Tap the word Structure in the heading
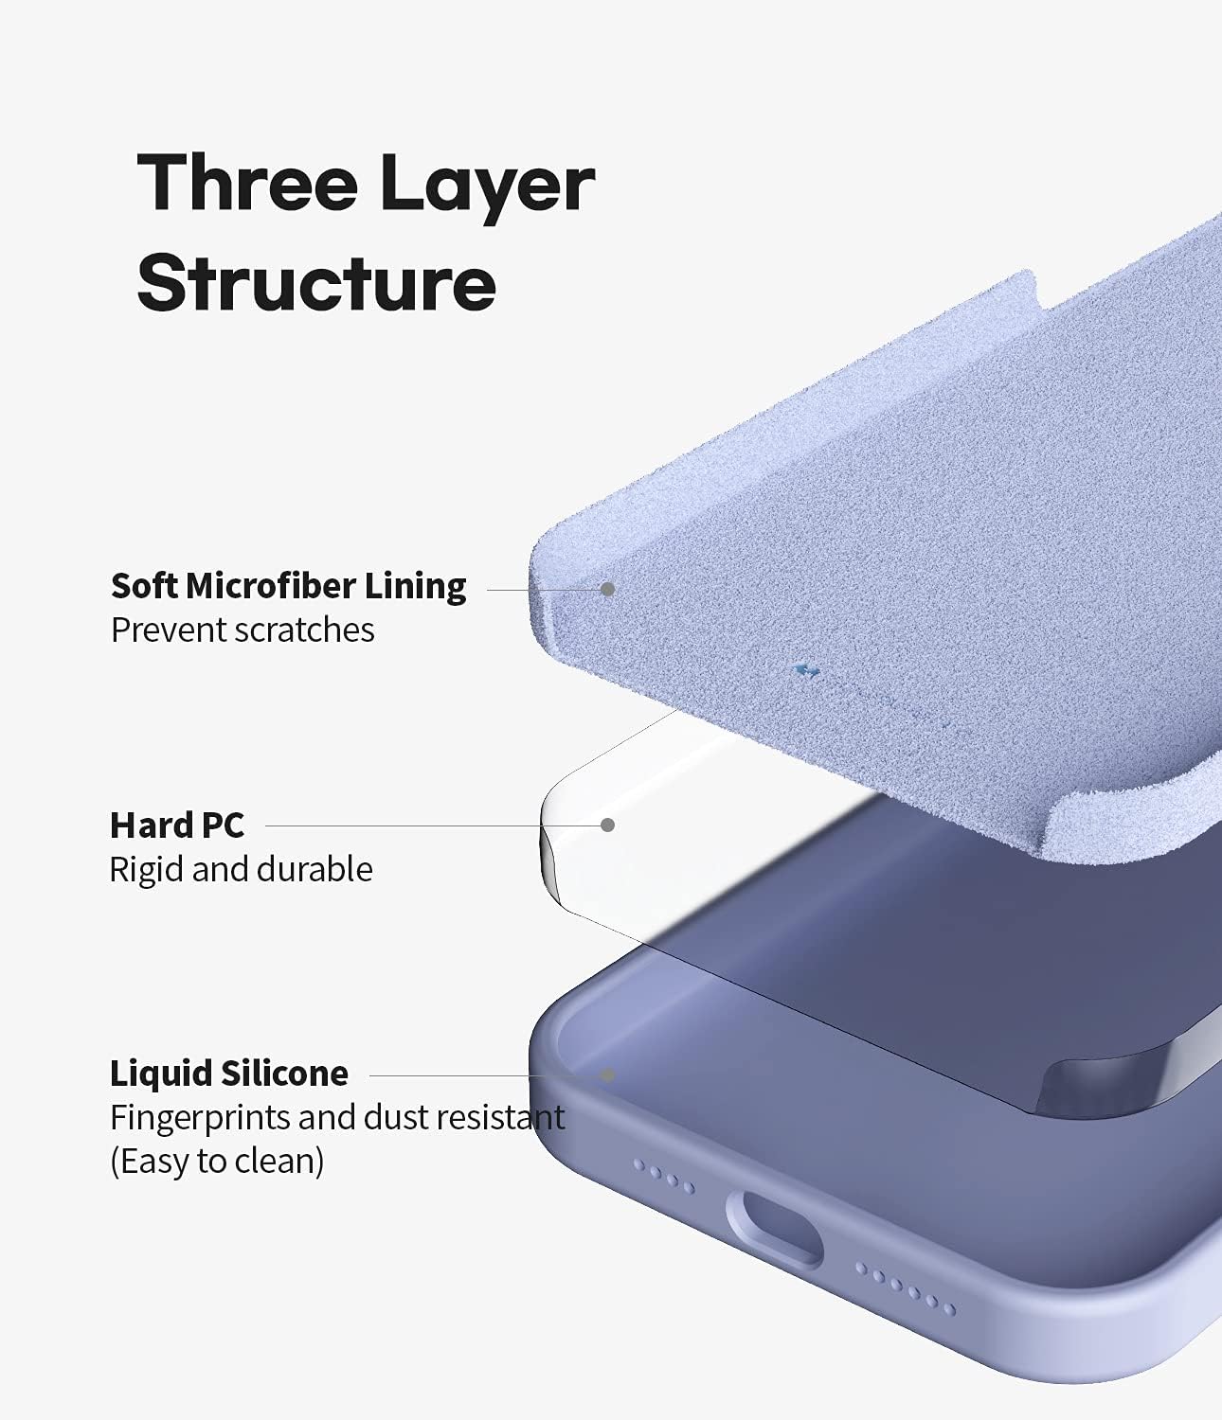(x=316, y=281)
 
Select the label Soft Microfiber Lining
(x=288, y=586)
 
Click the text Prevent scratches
(x=243, y=630)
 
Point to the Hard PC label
(x=176, y=825)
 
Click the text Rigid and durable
(x=241, y=869)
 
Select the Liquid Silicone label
(x=228, y=1074)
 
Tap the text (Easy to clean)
(x=217, y=1161)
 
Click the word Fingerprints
(x=200, y=1118)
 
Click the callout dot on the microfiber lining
(x=608, y=589)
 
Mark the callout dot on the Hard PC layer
(x=608, y=825)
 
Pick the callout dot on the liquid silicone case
(x=608, y=1075)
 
